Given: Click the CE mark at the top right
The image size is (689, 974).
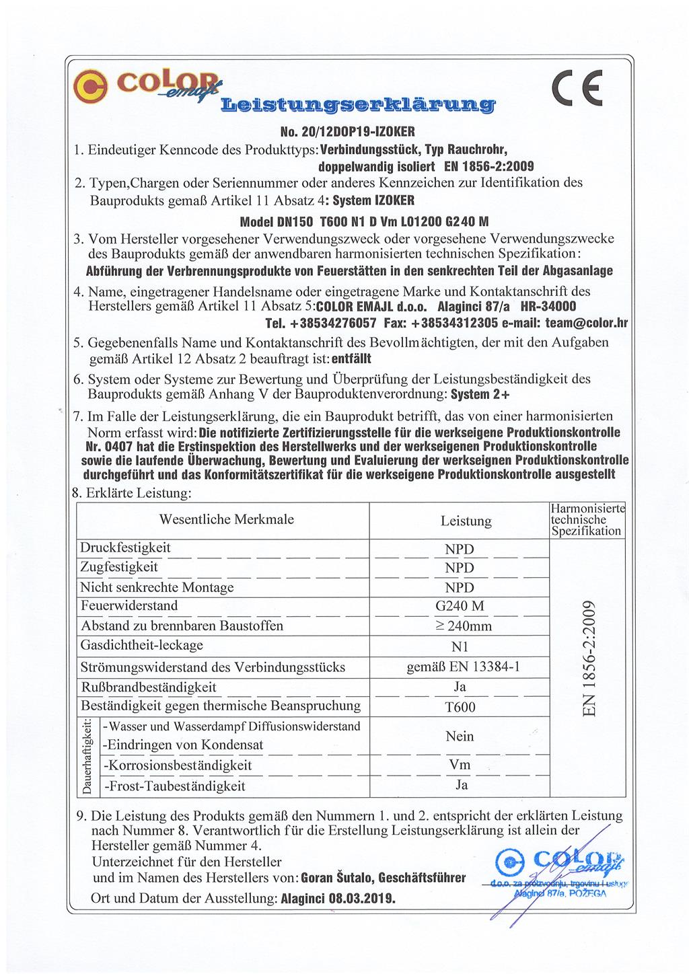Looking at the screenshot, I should pos(576,87).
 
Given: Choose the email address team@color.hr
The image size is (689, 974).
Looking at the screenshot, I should pos(586,323).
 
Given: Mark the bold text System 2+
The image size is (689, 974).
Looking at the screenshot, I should pos(480,394).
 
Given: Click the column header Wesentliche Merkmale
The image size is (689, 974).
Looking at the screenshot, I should pos(226,519).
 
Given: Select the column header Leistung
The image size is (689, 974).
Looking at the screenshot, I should pos(466,521).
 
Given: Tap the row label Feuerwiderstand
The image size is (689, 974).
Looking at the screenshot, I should pos(129,605).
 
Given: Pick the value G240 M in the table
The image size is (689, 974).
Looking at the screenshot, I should pos(460,606).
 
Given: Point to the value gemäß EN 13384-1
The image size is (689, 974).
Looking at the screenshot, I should pos(463,667).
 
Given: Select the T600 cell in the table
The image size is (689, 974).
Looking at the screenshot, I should pos(460,707).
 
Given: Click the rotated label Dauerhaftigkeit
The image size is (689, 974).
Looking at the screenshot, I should pos(87,756).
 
